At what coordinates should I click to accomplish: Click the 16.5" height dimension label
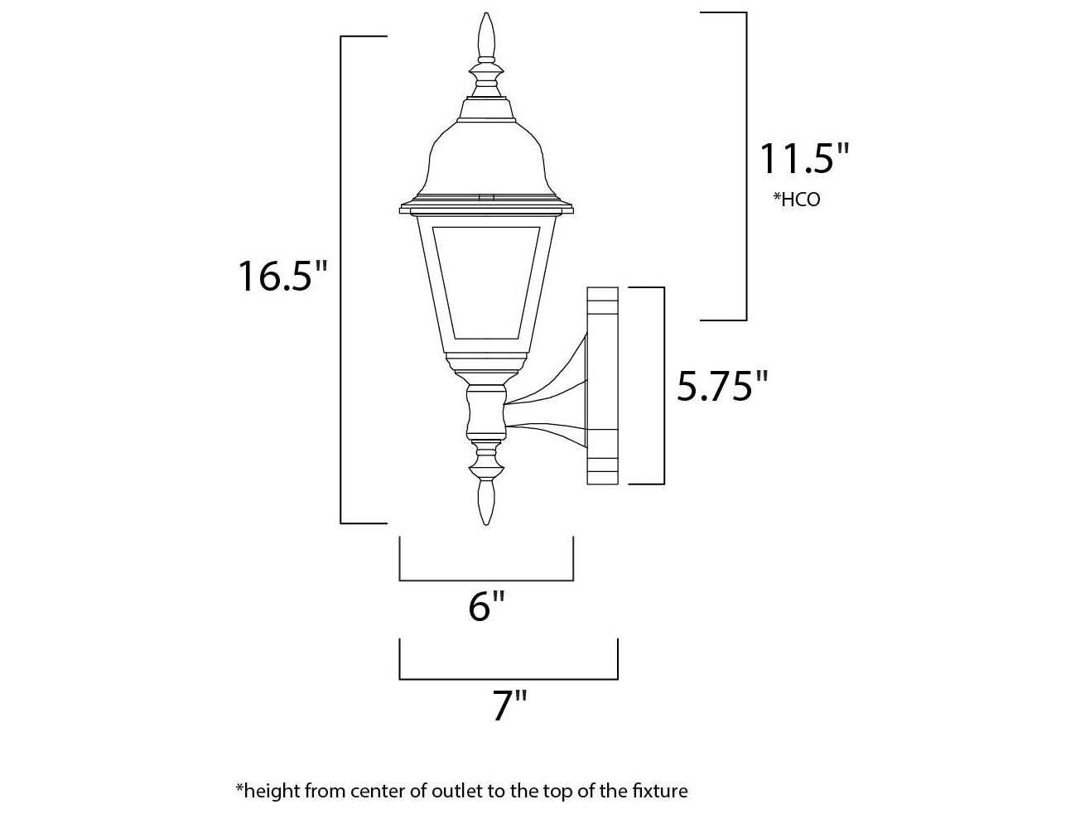(x=283, y=276)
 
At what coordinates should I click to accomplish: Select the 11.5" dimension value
(x=804, y=158)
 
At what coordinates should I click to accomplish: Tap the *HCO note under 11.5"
(x=796, y=200)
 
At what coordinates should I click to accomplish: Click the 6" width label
(x=486, y=607)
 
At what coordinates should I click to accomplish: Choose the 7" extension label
(x=509, y=706)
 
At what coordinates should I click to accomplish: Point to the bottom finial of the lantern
(x=487, y=502)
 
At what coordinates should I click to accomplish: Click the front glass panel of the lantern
(x=485, y=282)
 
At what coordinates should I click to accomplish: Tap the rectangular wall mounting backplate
(x=602, y=385)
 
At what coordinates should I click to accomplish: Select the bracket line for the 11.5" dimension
(x=746, y=166)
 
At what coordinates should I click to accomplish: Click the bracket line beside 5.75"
(x=663, y=386)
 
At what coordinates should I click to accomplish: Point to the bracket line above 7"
(x=509, y=678)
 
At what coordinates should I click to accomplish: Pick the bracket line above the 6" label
(x=486, y=580)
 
